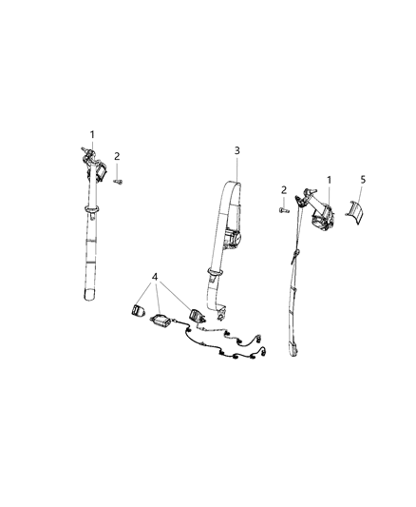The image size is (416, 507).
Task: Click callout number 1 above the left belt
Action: [92, 134]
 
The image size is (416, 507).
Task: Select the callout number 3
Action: [237, 150]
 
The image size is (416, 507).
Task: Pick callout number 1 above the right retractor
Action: [329, 180]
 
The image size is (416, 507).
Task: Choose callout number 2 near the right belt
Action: [283, 190]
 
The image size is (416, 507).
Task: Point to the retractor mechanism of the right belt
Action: [319, 219]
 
